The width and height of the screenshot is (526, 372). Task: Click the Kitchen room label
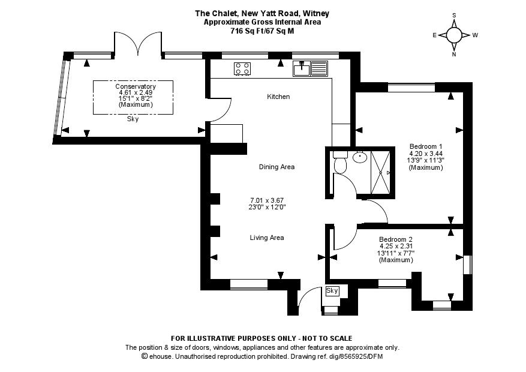(278, 97)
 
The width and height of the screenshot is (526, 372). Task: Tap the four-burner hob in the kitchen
(242, 69)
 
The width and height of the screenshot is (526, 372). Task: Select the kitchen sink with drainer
(310, 68)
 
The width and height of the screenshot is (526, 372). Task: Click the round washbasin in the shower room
(360, 157)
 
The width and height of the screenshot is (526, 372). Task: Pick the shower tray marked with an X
(380, 172)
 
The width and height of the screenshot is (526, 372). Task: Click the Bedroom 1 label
(426, 146)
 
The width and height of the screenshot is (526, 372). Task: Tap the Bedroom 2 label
(396, 239)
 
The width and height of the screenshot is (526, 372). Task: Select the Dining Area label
(276, 167)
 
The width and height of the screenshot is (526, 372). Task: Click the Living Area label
(267, 238)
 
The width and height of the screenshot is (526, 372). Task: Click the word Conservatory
(136, 86)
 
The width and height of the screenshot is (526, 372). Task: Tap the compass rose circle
(454, 35)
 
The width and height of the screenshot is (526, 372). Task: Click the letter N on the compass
(454, 55)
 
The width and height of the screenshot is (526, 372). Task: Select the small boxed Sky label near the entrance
(332, 290)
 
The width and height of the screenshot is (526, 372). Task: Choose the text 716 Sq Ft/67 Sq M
(262, 31)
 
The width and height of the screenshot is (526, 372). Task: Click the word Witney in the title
(315, 13)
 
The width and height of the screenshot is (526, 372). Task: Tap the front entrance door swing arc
(305, 295)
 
